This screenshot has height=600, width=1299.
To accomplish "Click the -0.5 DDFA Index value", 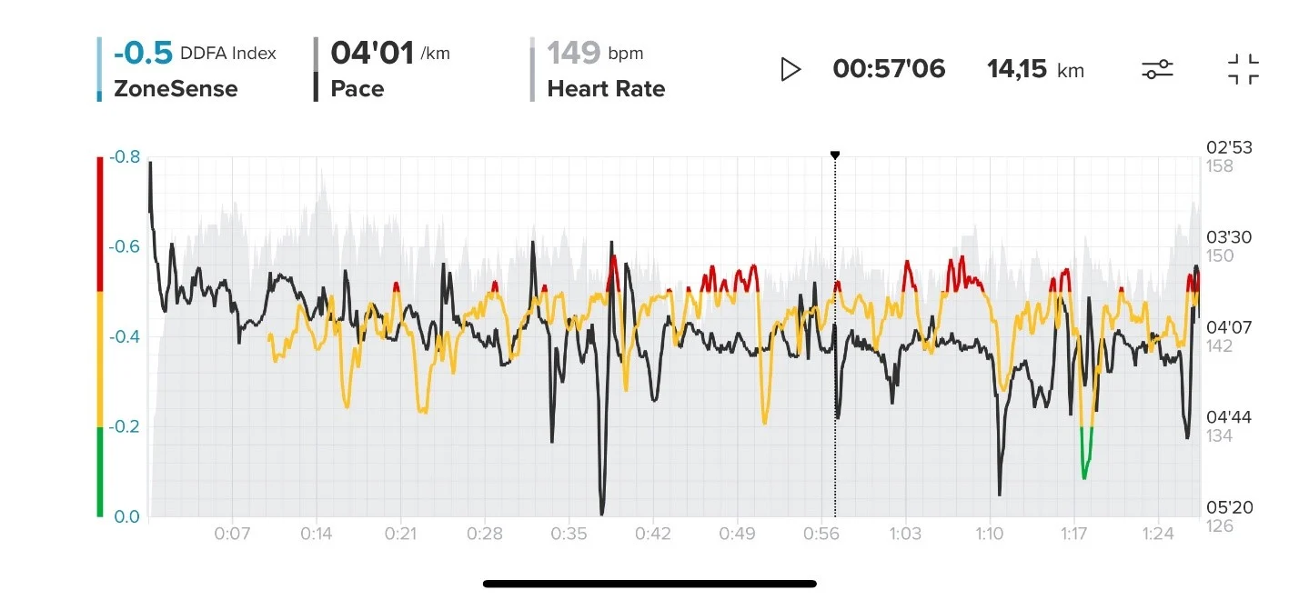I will (143, 54).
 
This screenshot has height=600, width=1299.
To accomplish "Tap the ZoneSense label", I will (176, 89).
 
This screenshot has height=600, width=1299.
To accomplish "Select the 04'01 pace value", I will (372, 54).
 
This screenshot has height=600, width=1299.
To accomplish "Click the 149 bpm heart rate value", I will (574, 54).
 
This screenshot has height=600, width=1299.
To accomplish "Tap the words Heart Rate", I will (606, 89).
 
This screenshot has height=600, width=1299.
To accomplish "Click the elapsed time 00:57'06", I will (889, 69).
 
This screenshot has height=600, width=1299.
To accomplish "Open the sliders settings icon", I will (1158, 69).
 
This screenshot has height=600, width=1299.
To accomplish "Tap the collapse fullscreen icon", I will (1243, 69).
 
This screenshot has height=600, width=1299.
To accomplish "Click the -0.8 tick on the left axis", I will (126, 157).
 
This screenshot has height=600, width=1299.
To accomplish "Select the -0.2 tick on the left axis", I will (126, 427).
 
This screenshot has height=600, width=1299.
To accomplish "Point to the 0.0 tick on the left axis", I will (126, 516).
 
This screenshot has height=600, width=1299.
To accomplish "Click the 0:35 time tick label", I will (569, 534).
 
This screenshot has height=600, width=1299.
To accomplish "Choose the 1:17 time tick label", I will (1074, 534).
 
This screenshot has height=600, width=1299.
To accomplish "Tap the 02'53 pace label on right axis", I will (1228, 148).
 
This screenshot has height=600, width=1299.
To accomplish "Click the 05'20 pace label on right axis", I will (1228, 507).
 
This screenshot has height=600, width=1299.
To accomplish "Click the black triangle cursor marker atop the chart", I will (835, 155).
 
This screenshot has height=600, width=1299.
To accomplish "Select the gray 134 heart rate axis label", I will (1219, 436).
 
